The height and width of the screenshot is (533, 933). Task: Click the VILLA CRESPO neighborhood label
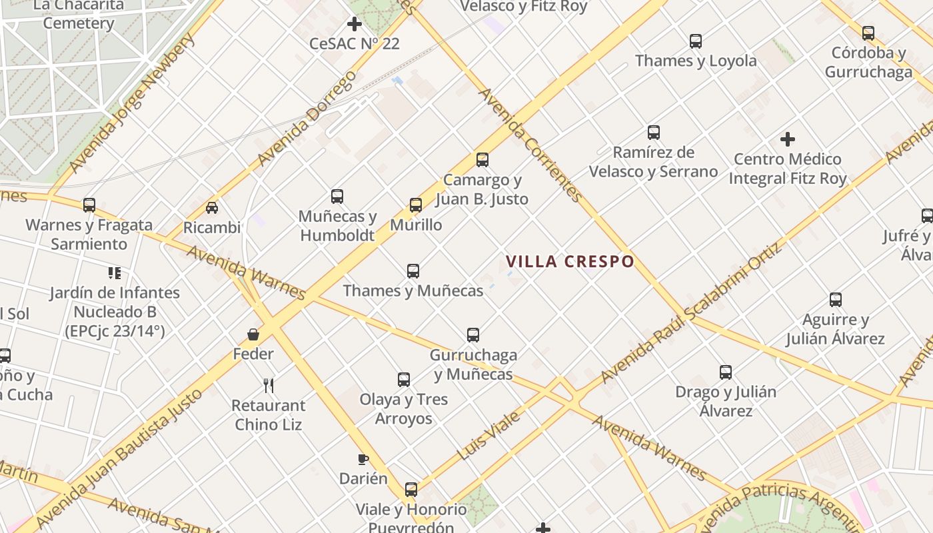tap(570, 261)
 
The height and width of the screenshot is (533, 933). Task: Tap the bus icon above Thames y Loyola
tap(696, 41)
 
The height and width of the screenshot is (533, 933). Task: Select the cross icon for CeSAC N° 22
tap(355, 25)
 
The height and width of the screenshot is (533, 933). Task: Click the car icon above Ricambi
tap(212, 208)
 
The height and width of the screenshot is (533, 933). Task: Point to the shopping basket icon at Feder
tap(253, 334)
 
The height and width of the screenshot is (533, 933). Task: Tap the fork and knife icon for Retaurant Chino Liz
tap(269, 385)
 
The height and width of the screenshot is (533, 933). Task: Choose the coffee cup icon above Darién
tap(363, 459)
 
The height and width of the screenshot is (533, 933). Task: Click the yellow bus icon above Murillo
tap(416, 205)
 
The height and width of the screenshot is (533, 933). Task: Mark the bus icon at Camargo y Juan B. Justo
tap(482, 160)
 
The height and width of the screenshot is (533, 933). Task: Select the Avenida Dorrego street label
tap(307, 118)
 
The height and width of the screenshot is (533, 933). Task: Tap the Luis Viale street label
tap(489, 436)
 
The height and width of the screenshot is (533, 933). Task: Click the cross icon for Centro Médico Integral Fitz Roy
tap(788, 139)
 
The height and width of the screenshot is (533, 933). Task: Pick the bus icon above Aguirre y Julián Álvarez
tap(836, 300)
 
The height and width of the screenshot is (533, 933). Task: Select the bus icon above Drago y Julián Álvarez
tap(726, 372)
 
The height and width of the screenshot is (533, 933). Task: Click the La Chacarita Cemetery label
tap(79, 14)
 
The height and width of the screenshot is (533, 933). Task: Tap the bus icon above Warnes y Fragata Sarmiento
tap(89, 205)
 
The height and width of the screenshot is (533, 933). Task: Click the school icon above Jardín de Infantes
tap(114, 272)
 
